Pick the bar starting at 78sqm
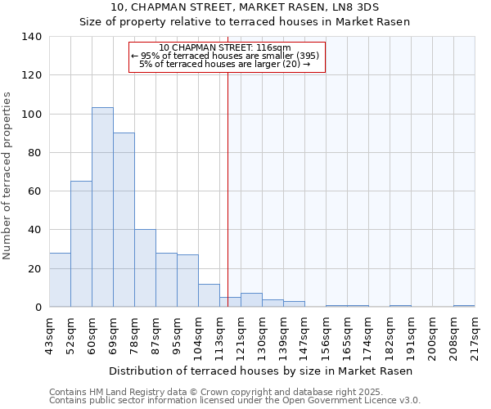click(x=145, y=267)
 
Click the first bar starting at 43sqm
click(x=60, y=280)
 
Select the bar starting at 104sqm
click(x=209, y=295)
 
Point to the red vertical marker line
click(x=227, y=188)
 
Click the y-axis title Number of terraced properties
click(x=7, y=175)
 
